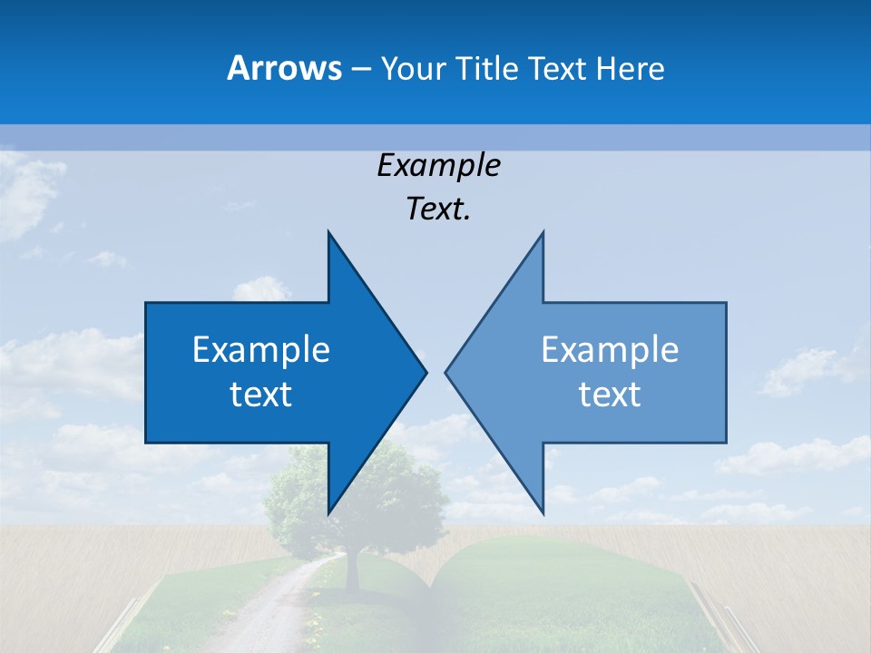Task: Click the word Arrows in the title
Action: tap(284, 68)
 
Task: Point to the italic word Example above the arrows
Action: tap(438, 165)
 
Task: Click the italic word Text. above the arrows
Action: tap(438, 209)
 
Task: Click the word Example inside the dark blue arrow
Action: tap(261, 349)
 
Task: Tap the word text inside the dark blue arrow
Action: tap(261, 394)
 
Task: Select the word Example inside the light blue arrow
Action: tap(610, 349)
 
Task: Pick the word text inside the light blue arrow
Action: tap(610, 394)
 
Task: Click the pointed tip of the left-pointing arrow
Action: tap(447, 372)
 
